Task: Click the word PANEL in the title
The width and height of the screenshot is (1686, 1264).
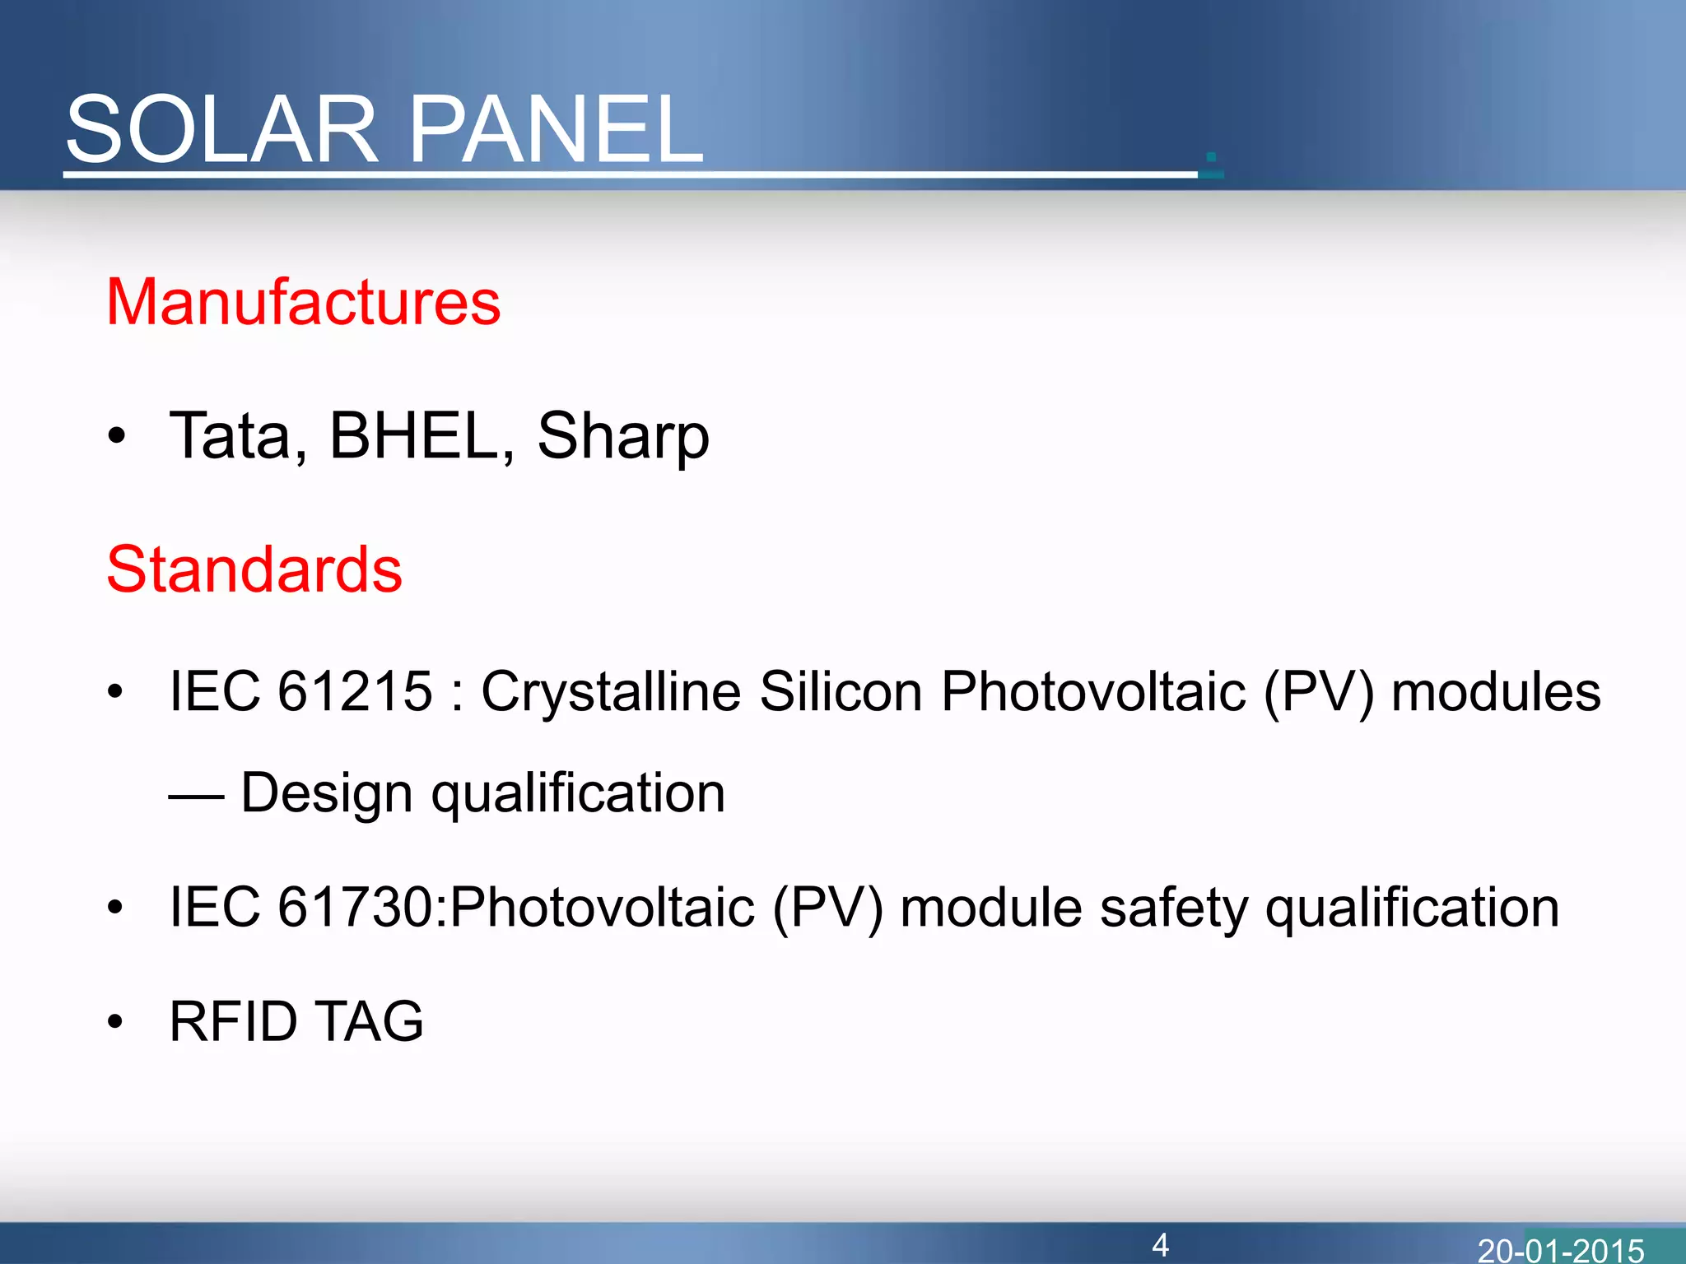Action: pos(556,130)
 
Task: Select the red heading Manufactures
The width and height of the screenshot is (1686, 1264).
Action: pos(303,302)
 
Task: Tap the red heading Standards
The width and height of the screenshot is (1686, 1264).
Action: pos(254,569)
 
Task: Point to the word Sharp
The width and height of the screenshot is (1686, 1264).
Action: pos(623,437)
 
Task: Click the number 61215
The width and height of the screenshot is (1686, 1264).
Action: pos(355,690)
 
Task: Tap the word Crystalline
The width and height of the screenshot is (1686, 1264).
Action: pos(611,692)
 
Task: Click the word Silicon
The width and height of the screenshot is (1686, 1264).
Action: pos(840,690)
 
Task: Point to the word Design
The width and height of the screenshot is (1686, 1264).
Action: pos(326,793)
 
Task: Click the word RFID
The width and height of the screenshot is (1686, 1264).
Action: pos(233,1021)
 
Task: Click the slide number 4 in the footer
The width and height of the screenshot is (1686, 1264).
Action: pos(1160,1244)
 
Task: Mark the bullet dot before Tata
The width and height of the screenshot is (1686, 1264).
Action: pos(116,437)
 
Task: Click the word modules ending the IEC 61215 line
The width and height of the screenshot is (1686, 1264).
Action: pos(1495,690)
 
